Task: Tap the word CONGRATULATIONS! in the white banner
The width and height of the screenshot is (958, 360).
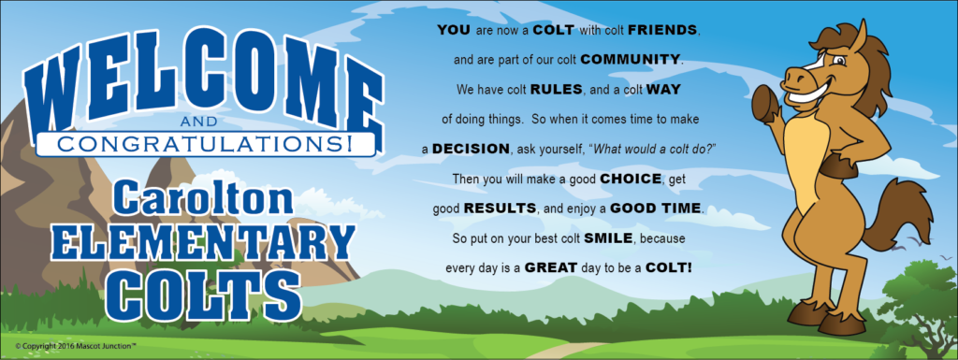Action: (x=204, y=144)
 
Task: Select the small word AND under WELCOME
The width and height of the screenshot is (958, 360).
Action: (x=203, y=124)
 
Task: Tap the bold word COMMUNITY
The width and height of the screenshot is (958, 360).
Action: (x=631, y=60)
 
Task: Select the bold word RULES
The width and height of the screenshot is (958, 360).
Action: (x=557, y=90)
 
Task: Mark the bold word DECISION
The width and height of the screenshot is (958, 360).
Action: (x=471, y=150)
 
